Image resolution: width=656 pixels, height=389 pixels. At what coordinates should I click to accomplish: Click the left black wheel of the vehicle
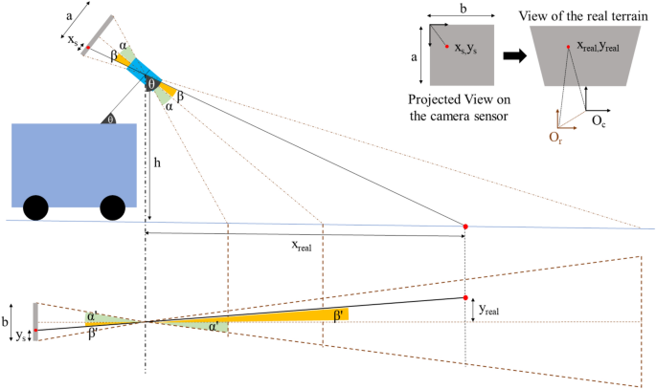tap(37, 207)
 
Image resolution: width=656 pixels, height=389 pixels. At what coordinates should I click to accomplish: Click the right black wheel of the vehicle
tap(113, 207)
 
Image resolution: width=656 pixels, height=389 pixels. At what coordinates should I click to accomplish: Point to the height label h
tap(157, 162)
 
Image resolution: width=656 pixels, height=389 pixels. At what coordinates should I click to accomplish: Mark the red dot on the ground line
tap(465, 227)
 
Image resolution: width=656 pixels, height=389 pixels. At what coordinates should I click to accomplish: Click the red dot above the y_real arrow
tap(465, 296)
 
